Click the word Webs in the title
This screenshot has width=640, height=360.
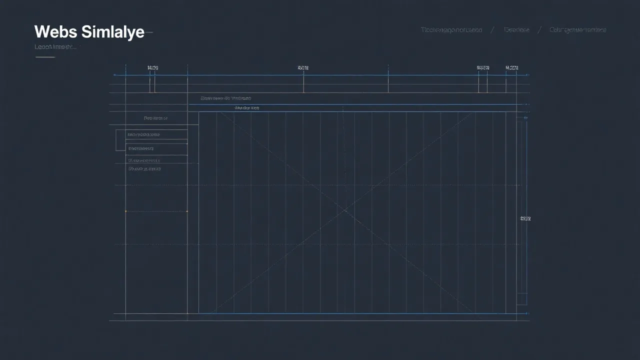click(55, 32)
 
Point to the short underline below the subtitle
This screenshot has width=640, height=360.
click(45, 57)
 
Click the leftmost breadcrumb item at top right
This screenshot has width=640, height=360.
click(451, 30)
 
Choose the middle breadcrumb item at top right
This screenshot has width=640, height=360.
click(516, 30)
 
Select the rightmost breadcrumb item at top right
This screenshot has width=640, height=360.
click(577, 30)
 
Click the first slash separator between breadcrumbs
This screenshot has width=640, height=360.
click(492, 30)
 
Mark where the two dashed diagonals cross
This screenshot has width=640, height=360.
click(344, 211)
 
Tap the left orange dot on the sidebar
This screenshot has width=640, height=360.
click(125, 211)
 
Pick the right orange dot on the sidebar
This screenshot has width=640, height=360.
click(187, 211)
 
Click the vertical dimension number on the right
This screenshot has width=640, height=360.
click(525, 218)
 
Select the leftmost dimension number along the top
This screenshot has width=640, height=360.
click(152, 67)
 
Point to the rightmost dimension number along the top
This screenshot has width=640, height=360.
click(512, 67)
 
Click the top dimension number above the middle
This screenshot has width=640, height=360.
click(303, 67)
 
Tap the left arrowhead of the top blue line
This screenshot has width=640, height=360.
click(115, 75)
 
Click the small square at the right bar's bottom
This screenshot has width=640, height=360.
click(521, 298)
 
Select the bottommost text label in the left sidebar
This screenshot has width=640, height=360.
click(144, 169)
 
